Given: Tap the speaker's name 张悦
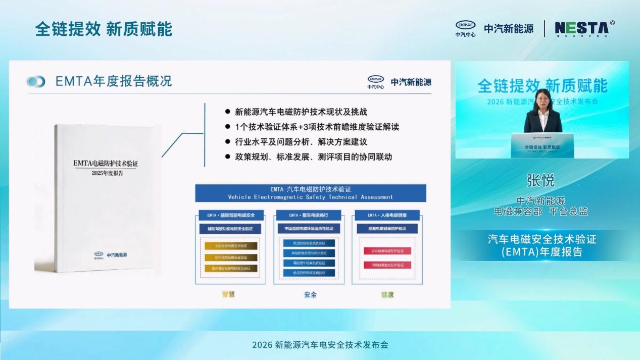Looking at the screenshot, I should (x=541, y=180).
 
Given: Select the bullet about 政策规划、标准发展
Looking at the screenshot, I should (x=313, y=157).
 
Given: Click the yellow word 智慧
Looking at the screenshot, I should (x=229, y=294).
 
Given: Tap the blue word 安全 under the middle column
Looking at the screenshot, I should (x=310, y=294).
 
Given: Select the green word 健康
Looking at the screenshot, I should (x=387, y=294).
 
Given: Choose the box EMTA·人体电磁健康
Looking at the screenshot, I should (x=387, y=215).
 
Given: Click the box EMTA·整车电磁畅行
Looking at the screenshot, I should (x=309, y=215).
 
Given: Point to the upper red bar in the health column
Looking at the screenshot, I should (x=387, y=250).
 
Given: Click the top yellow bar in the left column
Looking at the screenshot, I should (x=230, y=246).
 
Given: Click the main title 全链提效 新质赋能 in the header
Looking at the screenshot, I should (x=104, y=29).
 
